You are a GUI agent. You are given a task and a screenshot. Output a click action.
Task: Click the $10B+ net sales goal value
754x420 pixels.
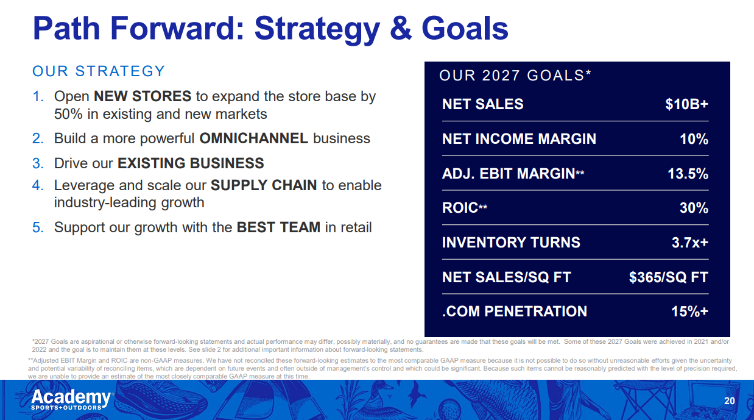pos(686,104)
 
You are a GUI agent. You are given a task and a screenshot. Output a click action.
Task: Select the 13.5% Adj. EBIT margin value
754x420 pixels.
pos(688,174)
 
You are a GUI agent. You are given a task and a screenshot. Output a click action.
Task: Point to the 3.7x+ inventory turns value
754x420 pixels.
pos(690,243)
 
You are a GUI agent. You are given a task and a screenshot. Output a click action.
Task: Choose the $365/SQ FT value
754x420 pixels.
pos(669,277)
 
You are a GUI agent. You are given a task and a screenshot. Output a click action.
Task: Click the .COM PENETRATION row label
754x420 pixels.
pos(514,311)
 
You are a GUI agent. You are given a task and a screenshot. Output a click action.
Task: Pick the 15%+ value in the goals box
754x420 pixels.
pos(689,311)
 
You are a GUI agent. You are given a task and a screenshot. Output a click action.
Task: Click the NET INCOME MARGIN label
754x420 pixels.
pos(519,139)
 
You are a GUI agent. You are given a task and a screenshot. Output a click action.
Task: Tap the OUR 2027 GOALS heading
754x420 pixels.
pos(515,76)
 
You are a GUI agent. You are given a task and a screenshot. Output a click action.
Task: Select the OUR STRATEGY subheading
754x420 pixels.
pos(99,71)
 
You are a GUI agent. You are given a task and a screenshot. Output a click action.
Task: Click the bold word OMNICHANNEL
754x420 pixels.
pos(254,138)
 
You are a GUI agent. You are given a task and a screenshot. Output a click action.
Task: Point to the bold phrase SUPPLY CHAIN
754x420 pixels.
pos(264,185)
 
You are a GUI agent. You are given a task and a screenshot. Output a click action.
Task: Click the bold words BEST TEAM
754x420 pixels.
pos(279,227)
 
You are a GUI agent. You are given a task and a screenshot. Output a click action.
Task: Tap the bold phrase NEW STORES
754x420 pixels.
pos(143,96)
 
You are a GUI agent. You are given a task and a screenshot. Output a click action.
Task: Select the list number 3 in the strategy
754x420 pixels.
pos(38,163)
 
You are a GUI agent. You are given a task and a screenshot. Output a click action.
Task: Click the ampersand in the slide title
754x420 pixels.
pos(401,28)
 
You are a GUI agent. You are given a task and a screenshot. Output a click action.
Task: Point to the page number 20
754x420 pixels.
pos(730,401)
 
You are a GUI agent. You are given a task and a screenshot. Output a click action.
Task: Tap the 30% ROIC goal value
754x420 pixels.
pos(694,208)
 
